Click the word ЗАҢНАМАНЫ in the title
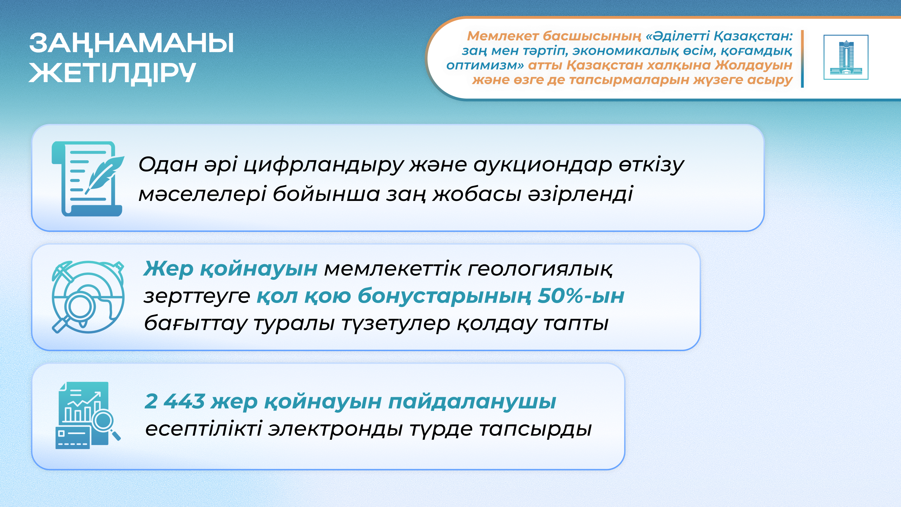click(131, 44)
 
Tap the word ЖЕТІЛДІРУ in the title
click(112, 73)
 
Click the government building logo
click(846, 57)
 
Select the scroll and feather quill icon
click(88, 178)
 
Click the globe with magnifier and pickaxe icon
click(88, 297)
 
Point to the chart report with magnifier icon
click(88, 415)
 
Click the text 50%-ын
click(581, 296)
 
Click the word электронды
click(335, 429)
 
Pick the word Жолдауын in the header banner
click(753, 65)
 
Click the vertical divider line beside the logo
click(802, 59)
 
